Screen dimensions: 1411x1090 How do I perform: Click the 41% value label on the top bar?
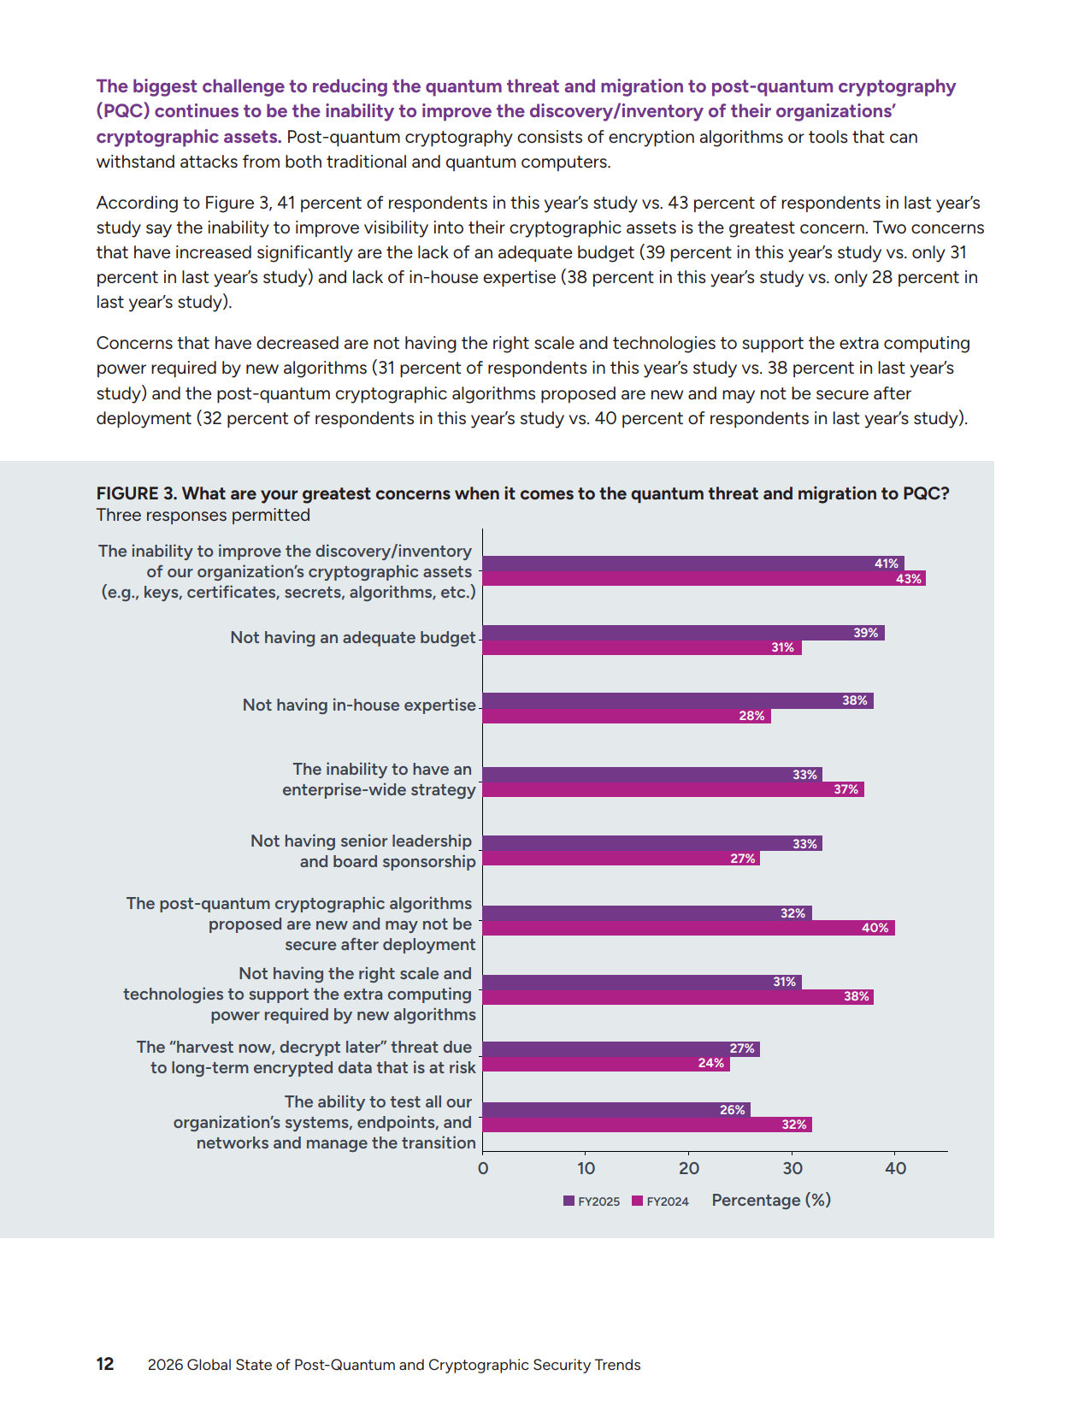(887, 564)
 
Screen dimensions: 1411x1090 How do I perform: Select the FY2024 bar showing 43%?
(704, 579)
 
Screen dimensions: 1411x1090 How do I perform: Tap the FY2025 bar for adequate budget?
(683, 633)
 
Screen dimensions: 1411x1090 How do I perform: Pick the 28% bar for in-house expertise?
(626, 716)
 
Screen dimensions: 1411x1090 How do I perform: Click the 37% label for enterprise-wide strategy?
(845, 789)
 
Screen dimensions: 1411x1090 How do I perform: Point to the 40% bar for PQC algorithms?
(688, 928)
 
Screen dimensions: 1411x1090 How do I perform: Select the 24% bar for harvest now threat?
(607, 1064)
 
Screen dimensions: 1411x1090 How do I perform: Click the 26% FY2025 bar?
(616, 1110)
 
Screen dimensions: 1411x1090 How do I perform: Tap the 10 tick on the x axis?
(586, 1168)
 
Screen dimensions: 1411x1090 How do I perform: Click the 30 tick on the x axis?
(792, 1168)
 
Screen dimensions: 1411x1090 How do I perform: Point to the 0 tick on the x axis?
(483, 1168)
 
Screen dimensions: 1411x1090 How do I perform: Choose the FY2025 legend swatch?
(569, 1201)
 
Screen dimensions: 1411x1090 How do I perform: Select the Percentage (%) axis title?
(771, 1200)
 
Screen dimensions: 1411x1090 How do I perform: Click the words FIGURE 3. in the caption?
(137, 493)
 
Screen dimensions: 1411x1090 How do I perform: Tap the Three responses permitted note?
(203, 515)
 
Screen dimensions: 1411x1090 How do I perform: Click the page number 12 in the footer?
(105, 1364)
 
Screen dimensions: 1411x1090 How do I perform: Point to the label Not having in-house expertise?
(359, 705)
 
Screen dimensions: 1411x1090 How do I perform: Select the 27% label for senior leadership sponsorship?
(742, 859)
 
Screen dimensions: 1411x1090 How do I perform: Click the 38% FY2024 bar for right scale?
(677, 997)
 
